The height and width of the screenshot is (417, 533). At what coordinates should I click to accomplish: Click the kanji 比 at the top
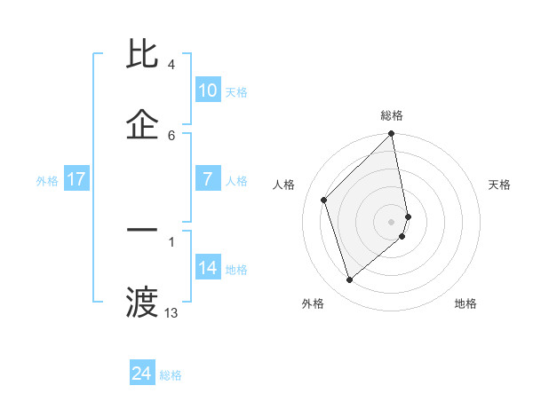[143, 55]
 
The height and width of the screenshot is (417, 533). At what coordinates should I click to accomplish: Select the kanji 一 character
[143, 230]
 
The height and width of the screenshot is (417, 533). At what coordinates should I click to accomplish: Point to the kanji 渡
[143, 302]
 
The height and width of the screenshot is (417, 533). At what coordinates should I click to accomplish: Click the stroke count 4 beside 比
[171, 65]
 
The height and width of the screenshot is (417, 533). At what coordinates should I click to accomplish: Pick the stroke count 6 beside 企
[171, 135]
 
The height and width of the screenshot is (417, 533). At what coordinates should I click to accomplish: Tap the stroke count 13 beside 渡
[171, 312]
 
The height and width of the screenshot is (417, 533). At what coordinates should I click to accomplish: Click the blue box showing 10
[207, 90]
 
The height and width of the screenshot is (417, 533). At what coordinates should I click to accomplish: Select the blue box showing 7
[207, 179]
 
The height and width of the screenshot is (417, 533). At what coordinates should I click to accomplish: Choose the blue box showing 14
[207, 268]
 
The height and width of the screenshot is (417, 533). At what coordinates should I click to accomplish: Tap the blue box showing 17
[76, 179]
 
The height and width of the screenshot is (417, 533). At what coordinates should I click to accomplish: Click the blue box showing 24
[142, 374]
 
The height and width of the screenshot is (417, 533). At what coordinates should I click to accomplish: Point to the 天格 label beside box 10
[236, 92]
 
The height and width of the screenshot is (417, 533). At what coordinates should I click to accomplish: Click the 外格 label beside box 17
[47, 181]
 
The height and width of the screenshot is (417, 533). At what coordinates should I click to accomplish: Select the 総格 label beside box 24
[171, 375]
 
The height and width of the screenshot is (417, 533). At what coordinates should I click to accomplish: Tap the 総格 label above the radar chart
[392, 115]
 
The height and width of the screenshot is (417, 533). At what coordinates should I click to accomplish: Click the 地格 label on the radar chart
[465, 304]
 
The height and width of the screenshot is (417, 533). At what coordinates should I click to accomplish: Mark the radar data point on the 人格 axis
[324, 200]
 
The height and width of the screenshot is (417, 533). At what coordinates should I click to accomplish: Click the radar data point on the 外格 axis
[350, 280]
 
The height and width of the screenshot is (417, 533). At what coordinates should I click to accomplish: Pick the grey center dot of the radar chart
[392, 221]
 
